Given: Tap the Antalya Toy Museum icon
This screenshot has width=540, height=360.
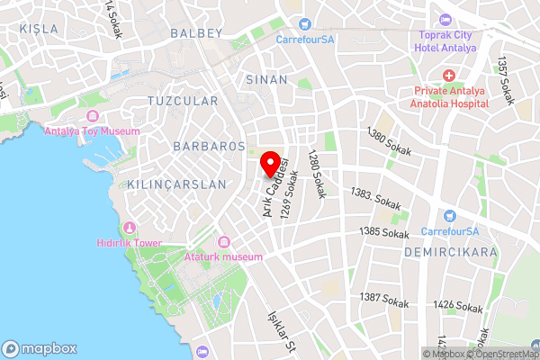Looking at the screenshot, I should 92,116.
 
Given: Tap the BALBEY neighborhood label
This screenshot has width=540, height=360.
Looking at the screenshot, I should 195,33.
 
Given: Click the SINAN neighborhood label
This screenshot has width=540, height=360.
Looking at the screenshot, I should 265,79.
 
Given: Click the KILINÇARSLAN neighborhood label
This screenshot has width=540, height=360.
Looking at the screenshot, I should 176,184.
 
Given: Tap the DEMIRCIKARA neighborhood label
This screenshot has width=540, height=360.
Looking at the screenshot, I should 450,253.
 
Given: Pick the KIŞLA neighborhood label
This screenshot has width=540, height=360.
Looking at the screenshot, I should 38,29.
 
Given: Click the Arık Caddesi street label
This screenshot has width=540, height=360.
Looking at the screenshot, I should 275,185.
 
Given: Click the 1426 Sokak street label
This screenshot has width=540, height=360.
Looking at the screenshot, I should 455,306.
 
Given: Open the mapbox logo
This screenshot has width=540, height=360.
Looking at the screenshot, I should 40,348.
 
